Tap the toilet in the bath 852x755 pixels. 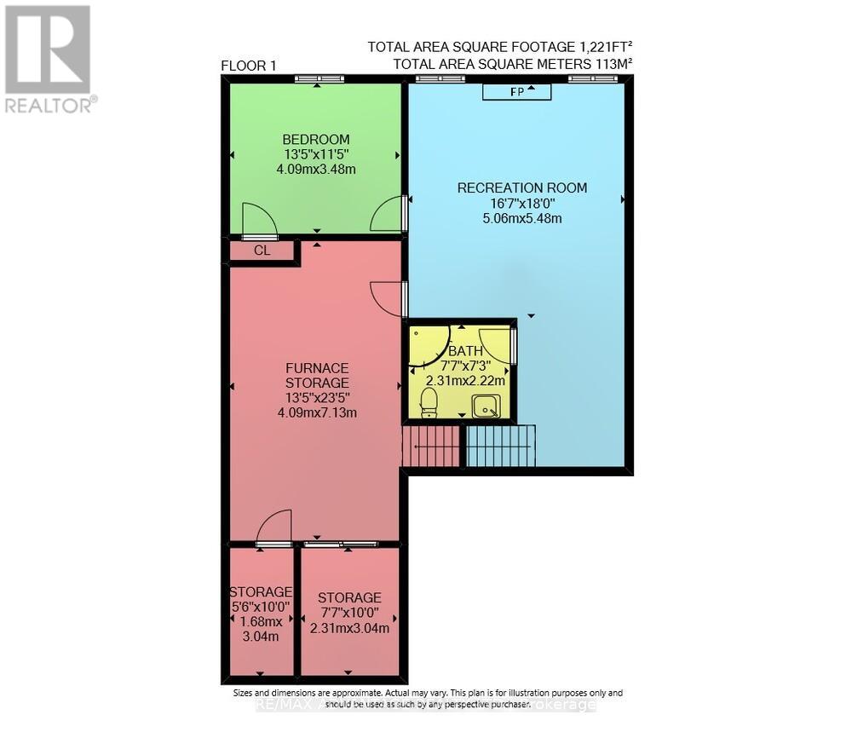pos(429,401)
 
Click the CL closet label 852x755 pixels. pos(262,251)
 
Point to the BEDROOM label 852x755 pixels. pos(316,140)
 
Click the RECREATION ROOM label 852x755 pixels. pos(522,187)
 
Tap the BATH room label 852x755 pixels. pos(466,350)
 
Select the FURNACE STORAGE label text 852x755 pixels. pos(317,376)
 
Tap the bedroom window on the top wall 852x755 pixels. pos(319,79)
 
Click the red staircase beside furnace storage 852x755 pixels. pos(431,447)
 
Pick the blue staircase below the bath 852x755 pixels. pos(502,446)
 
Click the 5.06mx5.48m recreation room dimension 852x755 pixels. pos(522,218)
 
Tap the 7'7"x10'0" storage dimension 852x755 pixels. pos(349,614)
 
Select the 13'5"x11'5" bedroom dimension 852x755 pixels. pos(316,155)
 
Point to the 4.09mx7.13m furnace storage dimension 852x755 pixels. pos(316,413)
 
